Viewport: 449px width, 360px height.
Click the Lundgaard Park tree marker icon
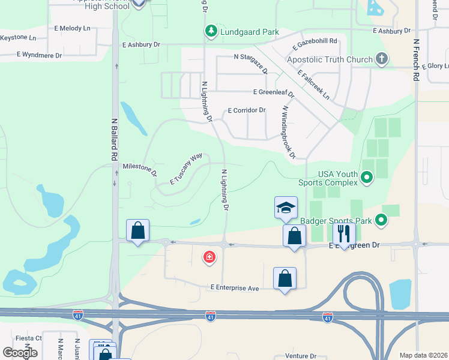point(211,31)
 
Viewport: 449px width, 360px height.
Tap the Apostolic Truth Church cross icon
point(381,59)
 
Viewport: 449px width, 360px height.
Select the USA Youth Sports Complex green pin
point(367,177)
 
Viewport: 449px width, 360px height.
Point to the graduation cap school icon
point(286,208)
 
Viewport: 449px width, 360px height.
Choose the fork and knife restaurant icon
point(344,233)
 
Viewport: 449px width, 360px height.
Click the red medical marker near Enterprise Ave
point(209,257)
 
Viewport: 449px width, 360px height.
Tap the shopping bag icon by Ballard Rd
point(137,230)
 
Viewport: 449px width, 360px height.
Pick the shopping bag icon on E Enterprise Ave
point(285,278)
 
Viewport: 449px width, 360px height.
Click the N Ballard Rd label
point(113,139)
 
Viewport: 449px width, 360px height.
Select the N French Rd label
point(415,60)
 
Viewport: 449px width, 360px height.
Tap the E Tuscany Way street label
point(186,169)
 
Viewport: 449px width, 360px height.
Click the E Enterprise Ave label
point(234,288)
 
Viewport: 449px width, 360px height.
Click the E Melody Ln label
point(72,28)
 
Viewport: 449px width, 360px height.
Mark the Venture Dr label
point(300,355)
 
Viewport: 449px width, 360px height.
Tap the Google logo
point(20,352)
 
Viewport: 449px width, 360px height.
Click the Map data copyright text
point(423,355)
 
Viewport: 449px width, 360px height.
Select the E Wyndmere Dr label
point(39,55)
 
